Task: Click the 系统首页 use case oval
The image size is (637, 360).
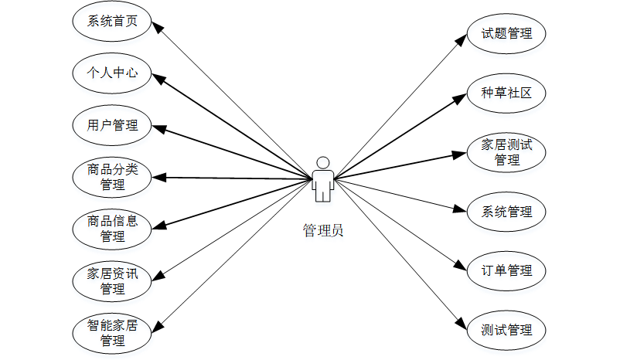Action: (x=112, y=22)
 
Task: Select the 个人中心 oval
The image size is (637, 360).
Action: (x=112, y=73)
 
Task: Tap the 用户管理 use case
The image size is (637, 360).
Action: (x=112, y=125)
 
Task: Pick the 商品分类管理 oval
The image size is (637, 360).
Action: (x=112, y=177)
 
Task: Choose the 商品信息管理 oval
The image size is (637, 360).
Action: (x=112, y=228)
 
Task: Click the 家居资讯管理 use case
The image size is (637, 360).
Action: (x=112, y=280)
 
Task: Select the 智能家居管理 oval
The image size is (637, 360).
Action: (x=112, y=331)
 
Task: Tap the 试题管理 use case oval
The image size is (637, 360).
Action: (x=506, y=33)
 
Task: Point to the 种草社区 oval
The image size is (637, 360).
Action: (x=506, y=93)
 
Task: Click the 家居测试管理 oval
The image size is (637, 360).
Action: (x=506, y=152)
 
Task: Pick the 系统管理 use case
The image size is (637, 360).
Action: (x=506, y=212)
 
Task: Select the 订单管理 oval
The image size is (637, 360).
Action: (x=506, y=270)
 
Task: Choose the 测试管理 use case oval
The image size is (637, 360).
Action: (x=506, y=330)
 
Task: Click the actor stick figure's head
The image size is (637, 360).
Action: (x=323, y=162)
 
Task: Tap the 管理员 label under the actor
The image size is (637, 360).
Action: (x=323, y=229)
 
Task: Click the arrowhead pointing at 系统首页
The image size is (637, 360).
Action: (x=157, y=26)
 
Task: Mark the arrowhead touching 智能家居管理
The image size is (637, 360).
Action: (x=157, y=325)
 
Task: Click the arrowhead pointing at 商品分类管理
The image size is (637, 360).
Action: (x=157, y=177)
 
